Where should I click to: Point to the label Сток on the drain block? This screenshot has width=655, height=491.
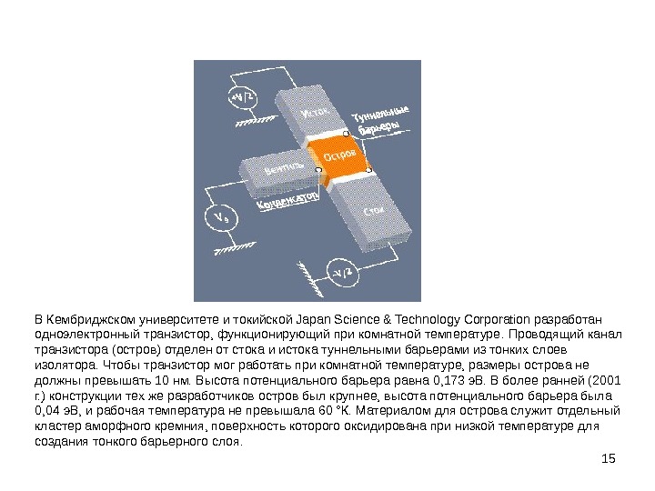tap(373, 211)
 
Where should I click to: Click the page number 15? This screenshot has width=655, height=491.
tap(610, 456)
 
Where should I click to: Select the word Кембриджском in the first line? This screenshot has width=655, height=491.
tap(86, 318)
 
